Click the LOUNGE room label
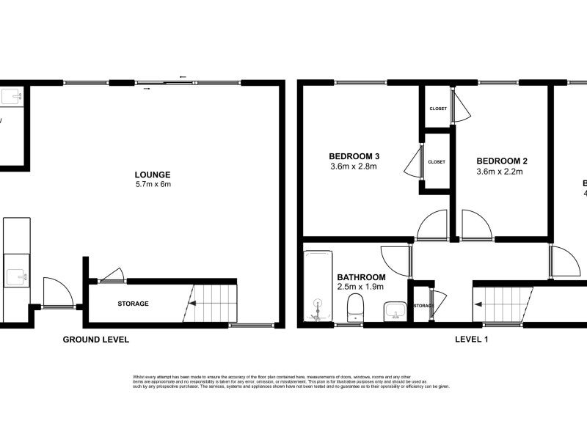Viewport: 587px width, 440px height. point(153,175)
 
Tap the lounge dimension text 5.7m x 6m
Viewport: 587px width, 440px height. point(153,184)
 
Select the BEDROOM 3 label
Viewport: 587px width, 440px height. point(354,156)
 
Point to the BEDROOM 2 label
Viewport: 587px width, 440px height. point(502,161)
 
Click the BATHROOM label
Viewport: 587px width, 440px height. point(361,276)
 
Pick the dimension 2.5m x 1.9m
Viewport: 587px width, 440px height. point(361,287)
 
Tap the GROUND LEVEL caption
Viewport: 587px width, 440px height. point(95,340)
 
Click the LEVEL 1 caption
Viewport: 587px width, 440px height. point(473,340)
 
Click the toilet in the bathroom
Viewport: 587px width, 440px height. point(355,307)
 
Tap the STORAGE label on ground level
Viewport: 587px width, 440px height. point(133,304)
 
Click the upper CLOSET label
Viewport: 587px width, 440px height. point(437,109)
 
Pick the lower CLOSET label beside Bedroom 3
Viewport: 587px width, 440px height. point(437,161)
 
